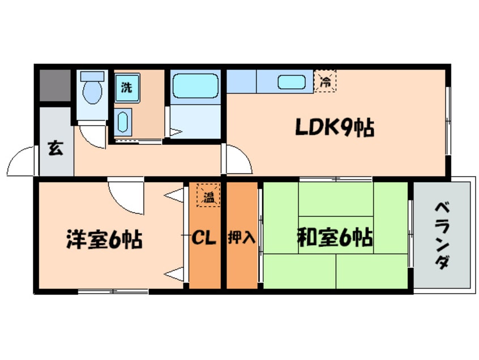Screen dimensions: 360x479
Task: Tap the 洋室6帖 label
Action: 104,241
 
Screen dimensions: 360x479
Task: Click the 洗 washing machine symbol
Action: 127,88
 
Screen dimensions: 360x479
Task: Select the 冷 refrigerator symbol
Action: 326,81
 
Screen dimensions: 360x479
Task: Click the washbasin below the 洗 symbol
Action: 123,122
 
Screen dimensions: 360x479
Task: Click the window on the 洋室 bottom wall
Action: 113,292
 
